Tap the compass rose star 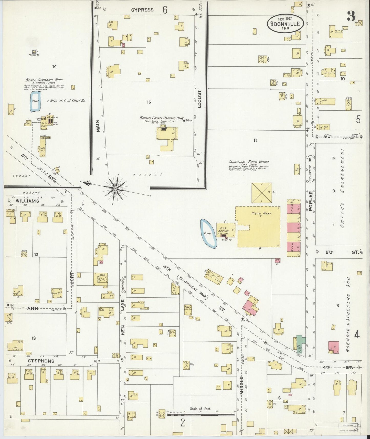(115, 189)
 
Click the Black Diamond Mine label (44, 80)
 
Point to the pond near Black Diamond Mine (35, 102)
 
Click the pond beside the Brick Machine (208, 233)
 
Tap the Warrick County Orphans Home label (162, 118)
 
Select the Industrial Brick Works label (249, 162)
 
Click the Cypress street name (142, 10)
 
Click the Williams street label (27, 201)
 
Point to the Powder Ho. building (35, 52)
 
